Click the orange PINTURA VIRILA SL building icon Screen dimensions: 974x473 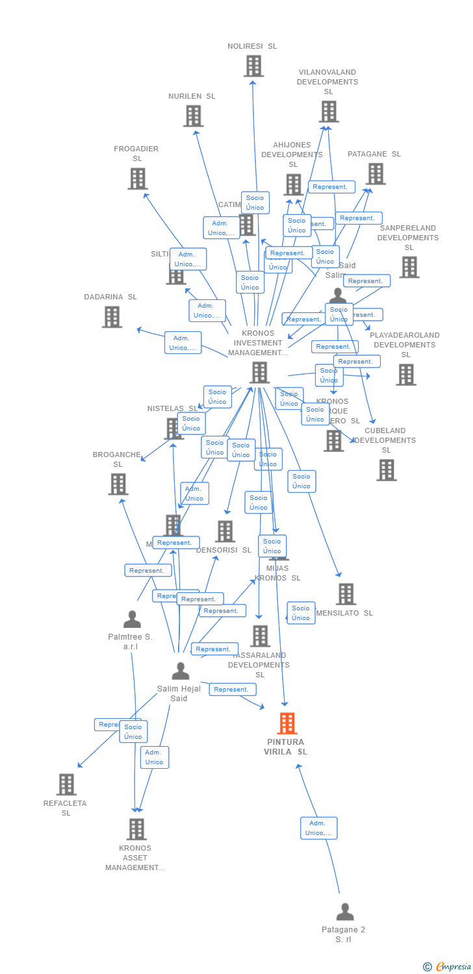[287, 723]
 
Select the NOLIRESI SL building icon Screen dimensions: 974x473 [253, 66]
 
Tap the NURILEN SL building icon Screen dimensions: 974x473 [193, 116]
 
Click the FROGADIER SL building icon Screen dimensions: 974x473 [137, 179]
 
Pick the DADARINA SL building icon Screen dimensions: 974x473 [112, 317]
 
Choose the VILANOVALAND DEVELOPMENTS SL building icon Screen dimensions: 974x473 [328, 112]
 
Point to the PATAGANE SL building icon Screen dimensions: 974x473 [376, 174]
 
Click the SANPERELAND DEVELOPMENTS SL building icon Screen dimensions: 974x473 [409, 267]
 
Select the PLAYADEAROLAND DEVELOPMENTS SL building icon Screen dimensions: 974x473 [406, 375]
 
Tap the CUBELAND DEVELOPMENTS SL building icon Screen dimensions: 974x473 [387, 470]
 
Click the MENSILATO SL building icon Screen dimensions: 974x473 [346, 593]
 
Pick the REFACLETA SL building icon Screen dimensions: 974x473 [66, 784]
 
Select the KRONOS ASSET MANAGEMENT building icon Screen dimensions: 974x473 [136, 829]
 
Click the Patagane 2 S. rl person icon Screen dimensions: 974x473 [345, 912]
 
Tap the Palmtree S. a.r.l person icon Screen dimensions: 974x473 [132, 619]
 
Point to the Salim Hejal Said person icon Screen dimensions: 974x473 [181, 671]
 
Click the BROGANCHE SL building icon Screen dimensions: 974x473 [118, 484]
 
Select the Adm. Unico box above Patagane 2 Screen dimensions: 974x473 [318, 828]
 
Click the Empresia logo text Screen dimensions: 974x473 [453, 967]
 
